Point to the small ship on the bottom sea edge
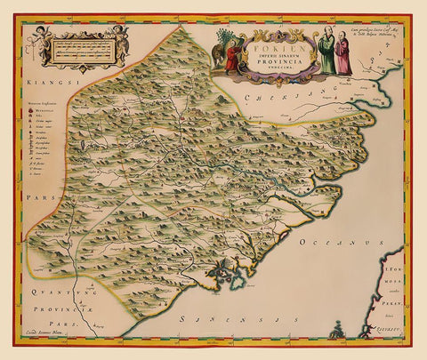pos(337,332)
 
